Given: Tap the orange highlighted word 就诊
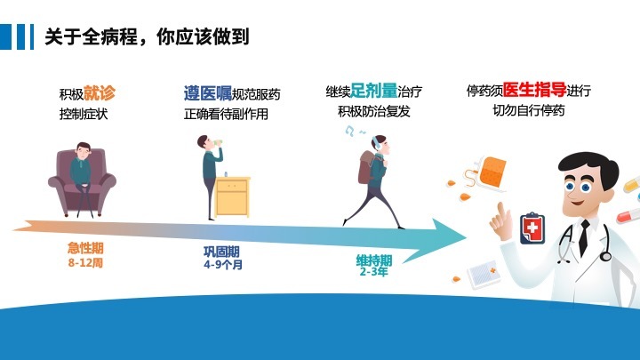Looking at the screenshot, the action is click(100, 92).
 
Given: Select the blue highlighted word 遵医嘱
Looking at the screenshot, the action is click(203, 92).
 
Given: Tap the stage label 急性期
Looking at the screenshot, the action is click(85, 250).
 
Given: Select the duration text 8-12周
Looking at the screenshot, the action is click(85, 263).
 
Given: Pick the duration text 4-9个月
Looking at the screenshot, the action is click(222, 264).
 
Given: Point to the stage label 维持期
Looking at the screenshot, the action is click(374, 260).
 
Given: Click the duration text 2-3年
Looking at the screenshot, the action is click(374, 272).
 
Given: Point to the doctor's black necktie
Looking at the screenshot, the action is click(584, 236).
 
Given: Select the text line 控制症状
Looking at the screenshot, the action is click(83, 115).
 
